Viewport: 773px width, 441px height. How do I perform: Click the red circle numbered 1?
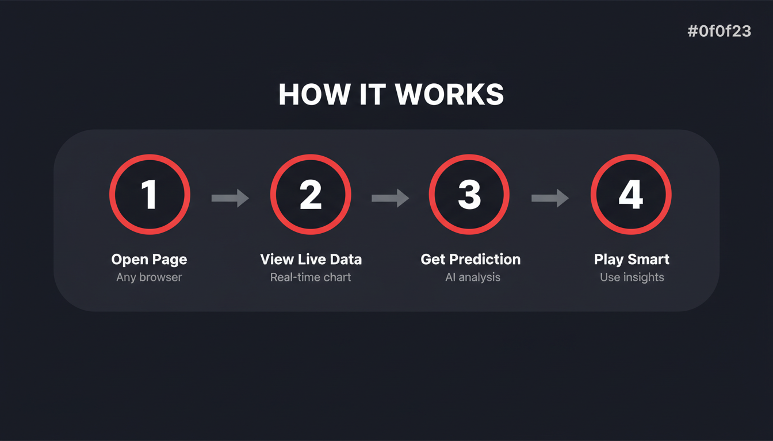pos(150,195)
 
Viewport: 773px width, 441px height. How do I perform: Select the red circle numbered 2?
pos(311,195)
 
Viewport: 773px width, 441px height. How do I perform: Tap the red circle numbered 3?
pos(469,195)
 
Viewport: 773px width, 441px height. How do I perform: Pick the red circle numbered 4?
pos(631,195)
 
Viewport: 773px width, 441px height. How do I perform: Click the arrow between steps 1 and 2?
pos(230,198)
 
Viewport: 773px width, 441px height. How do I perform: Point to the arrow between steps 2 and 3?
pos(390,198)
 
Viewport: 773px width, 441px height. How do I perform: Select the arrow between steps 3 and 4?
pos(550,198)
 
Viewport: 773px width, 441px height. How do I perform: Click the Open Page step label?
pos(150,260)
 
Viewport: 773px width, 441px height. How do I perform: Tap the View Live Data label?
pos(311,260)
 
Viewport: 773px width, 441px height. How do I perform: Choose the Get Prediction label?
pos(470,260)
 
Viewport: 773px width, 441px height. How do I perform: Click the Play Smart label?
pos(632,260)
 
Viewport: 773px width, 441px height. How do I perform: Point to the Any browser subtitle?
pos(149,277)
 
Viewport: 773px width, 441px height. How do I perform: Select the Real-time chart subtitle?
pos(311,277)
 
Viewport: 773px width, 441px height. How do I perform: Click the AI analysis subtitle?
pos(473,277)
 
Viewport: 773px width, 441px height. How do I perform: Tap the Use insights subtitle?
pos(632,277)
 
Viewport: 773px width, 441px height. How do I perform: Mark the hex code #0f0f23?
pos(719,31)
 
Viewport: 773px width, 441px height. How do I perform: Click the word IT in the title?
pos(373,95)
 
